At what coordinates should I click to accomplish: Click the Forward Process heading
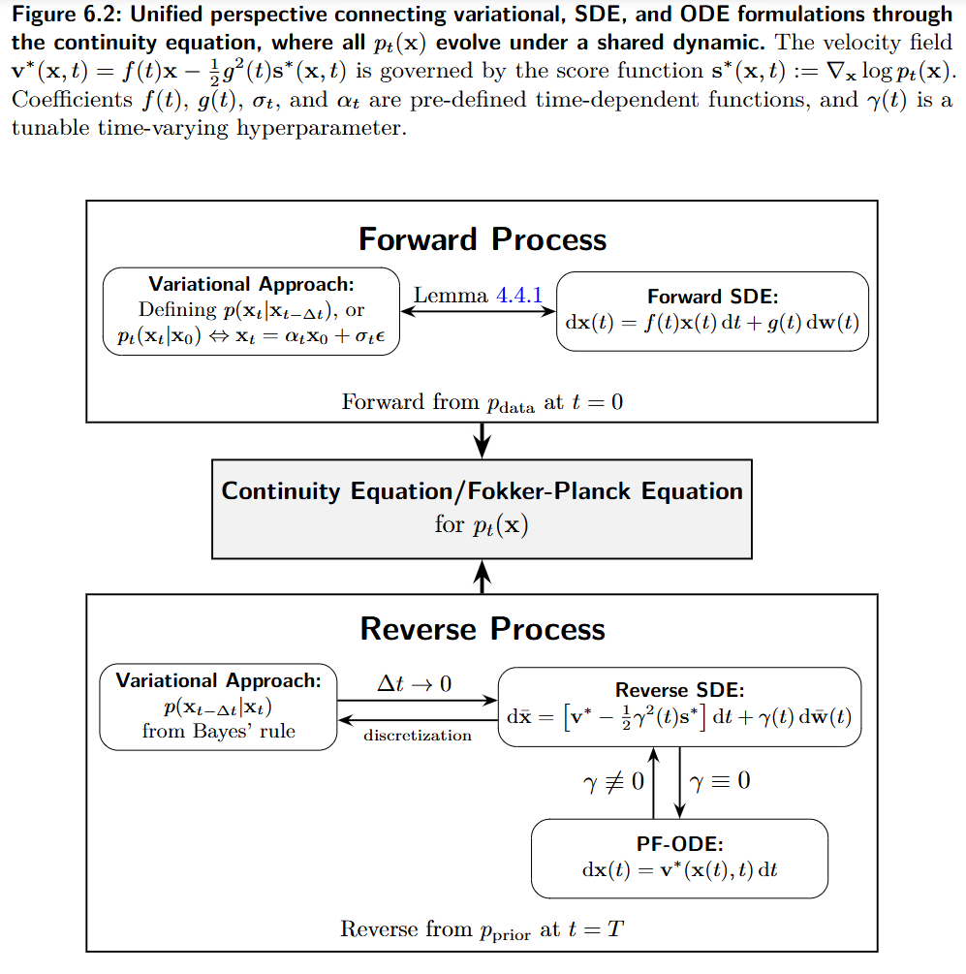pyautogui.click(x=483, y=239)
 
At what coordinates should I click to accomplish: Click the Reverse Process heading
pyautogui.click(x=483, y=629)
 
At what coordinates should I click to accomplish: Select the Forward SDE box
pyautogui.click(x=712, y=312)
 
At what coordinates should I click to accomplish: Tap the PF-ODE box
pyautogui.click(x=679, y=858)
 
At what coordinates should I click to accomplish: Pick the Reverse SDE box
pyautogui.click(x=679, y=706)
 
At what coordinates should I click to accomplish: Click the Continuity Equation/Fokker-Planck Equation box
pyautogui.click(x=482, y=508)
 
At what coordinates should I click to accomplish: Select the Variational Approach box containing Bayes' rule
pyautogui.click(x=218, y=706)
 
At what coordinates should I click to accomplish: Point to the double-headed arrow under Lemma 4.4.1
pyautogui.click(x=479, y=311)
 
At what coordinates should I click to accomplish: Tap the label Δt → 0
pyautogui.click(x=414, y=683)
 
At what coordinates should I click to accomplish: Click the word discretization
pyautogui.click(x=418, y=736)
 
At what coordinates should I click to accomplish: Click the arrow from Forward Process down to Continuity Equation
pyautogui.click(x=482, y=440)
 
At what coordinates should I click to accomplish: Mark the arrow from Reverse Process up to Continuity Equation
pyautogui.click(x=482, y=577)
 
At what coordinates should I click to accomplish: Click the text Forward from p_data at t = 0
pyautogui.click(x=482, y=402)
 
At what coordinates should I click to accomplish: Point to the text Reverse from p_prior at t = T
pyautogui.click(x=482, y=930)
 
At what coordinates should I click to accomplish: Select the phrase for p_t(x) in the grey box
pyautogui.click(x=482, y=526)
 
